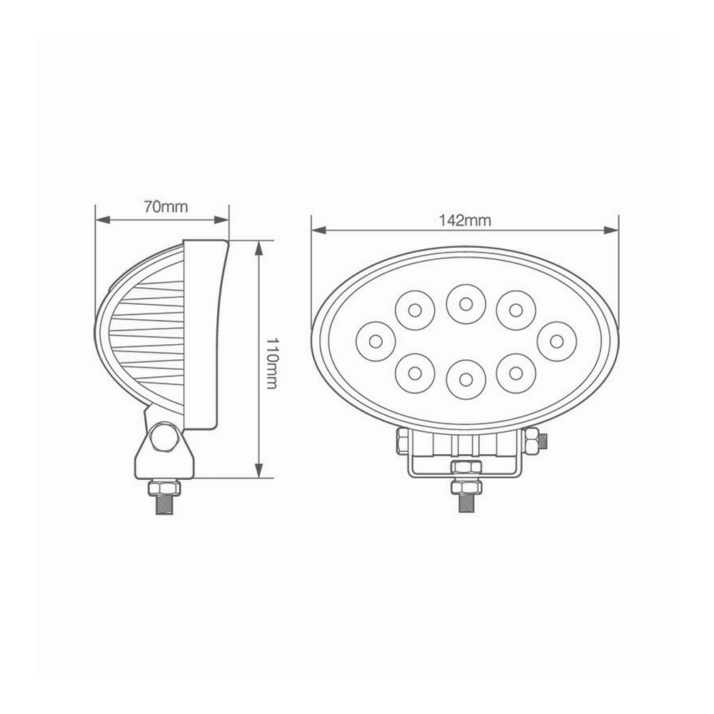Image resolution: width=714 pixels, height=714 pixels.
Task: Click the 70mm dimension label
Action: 165,208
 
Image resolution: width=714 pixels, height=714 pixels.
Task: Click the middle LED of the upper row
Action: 465,303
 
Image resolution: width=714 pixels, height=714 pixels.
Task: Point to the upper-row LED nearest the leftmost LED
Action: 415,308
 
